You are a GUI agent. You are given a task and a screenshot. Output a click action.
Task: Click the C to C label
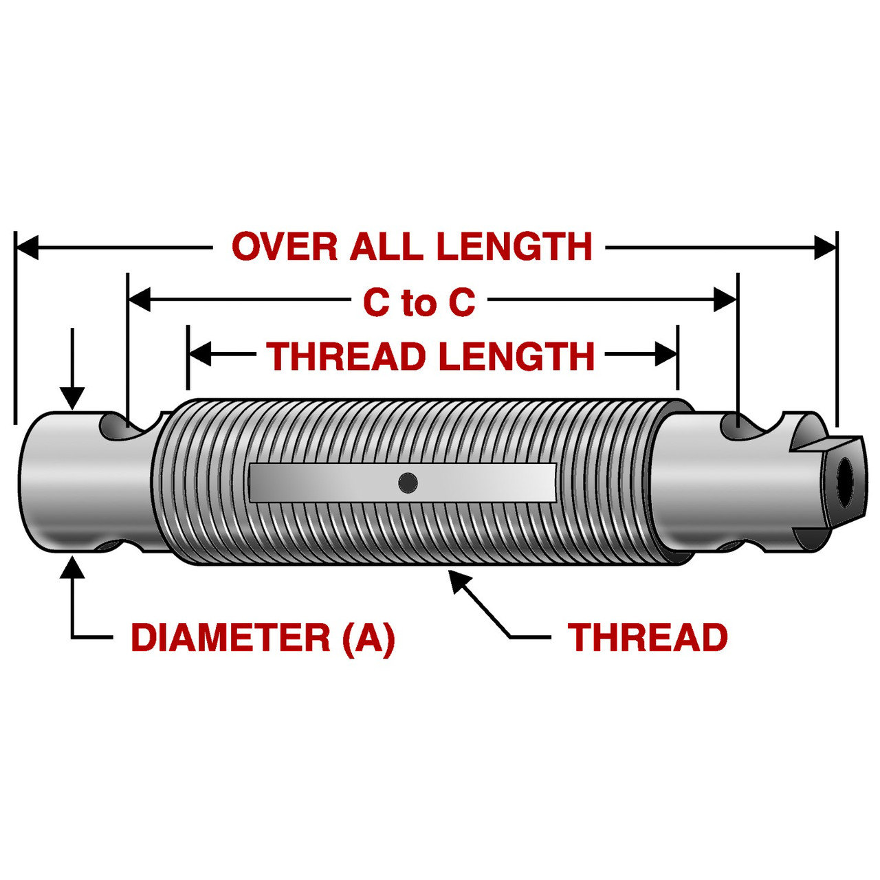[x=419, y=302]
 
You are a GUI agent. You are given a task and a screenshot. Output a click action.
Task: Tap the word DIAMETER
[x=230, y=637]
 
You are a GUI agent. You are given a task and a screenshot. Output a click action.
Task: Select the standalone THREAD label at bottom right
[x=648, y=637]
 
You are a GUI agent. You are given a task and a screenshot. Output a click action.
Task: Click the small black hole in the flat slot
[x=408, y=483]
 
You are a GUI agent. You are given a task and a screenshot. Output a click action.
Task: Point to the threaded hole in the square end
[x=843, y=475]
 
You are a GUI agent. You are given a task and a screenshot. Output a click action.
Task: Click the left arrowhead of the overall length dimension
[x=27, y=247]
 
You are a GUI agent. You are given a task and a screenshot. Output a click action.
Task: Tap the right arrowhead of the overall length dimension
[x=825, y=247]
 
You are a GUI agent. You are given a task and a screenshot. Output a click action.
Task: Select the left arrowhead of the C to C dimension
[x=140, y=300]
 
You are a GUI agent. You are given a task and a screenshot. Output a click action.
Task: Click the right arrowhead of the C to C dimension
[x=725, y=300]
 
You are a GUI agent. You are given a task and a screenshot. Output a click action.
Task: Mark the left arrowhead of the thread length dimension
[x=199, y=355]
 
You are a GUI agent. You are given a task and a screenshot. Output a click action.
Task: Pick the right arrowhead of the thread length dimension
[x=666, y=355]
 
